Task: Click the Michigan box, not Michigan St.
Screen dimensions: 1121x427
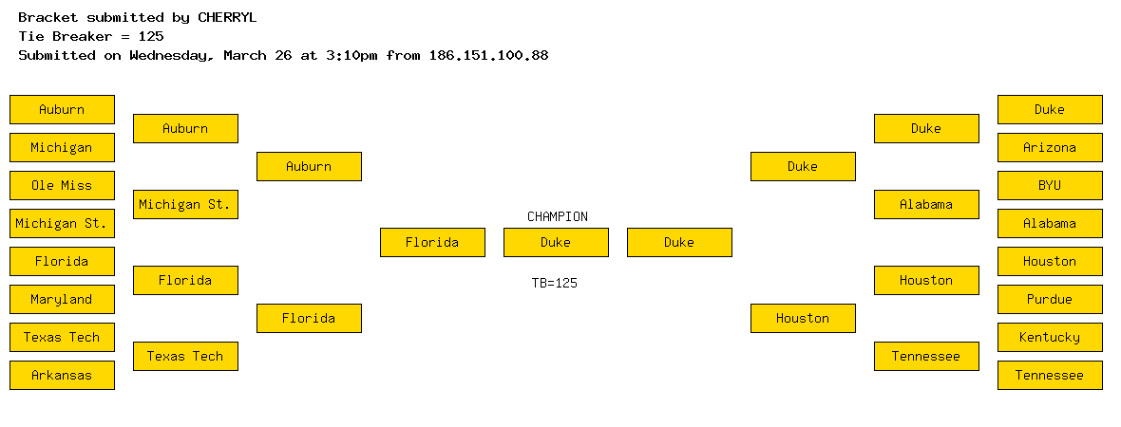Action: (62, 148)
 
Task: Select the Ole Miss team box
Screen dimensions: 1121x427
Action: (62, 186)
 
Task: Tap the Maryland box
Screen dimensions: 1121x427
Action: (62, 299)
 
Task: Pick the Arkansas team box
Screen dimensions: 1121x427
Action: (62, 375)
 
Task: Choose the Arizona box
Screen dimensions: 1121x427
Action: (1050, 148)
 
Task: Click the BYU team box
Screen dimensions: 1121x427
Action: (1050, 186)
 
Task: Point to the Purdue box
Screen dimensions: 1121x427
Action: (1050, 299)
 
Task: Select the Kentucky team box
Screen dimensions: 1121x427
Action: (1050, 337)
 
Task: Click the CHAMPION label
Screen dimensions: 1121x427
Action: (558, 216)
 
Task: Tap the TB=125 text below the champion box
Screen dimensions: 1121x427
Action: (555, 283)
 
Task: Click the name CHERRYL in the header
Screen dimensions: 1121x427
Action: (227, 18)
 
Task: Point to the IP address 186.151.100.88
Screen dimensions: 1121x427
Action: (489, 55)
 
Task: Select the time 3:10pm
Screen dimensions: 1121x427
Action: (351, 55)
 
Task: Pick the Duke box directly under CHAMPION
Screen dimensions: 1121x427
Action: (556, 242)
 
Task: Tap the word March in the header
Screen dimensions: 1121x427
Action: (244, 55)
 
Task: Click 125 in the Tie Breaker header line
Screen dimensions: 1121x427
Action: (151, 36)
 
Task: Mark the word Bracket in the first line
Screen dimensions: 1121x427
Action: (47, 18)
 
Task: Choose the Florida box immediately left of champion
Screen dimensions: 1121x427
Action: (432, 242)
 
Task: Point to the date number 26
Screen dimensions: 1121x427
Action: (283, 55)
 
